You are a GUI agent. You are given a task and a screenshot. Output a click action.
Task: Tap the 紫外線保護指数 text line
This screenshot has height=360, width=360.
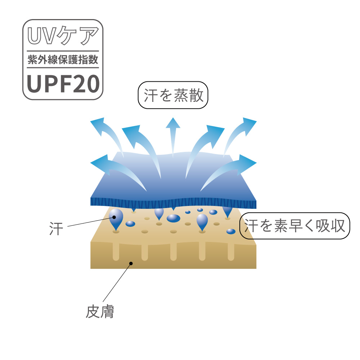click(63, 60)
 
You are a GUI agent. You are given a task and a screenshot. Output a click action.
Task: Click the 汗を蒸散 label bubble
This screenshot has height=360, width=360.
click(174, 96)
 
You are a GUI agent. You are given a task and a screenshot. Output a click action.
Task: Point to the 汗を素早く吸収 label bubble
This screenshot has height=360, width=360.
click(294, 226)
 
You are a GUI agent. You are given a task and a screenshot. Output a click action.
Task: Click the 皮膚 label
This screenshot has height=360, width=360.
click(100, 312)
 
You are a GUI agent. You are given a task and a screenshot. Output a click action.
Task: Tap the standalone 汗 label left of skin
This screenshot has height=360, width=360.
click(56, 229)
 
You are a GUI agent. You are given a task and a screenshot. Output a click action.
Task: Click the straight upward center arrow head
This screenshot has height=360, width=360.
click(173, 123)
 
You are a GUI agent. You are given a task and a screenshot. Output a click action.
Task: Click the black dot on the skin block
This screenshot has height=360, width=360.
click(131, 263)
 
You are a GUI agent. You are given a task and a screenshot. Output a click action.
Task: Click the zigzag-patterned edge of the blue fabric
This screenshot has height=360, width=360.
click(173, 203)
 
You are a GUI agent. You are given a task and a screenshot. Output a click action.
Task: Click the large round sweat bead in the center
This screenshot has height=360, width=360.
click(174, 218)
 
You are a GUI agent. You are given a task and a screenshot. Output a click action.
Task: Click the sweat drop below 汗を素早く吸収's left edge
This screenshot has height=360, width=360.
click(231, 231)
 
